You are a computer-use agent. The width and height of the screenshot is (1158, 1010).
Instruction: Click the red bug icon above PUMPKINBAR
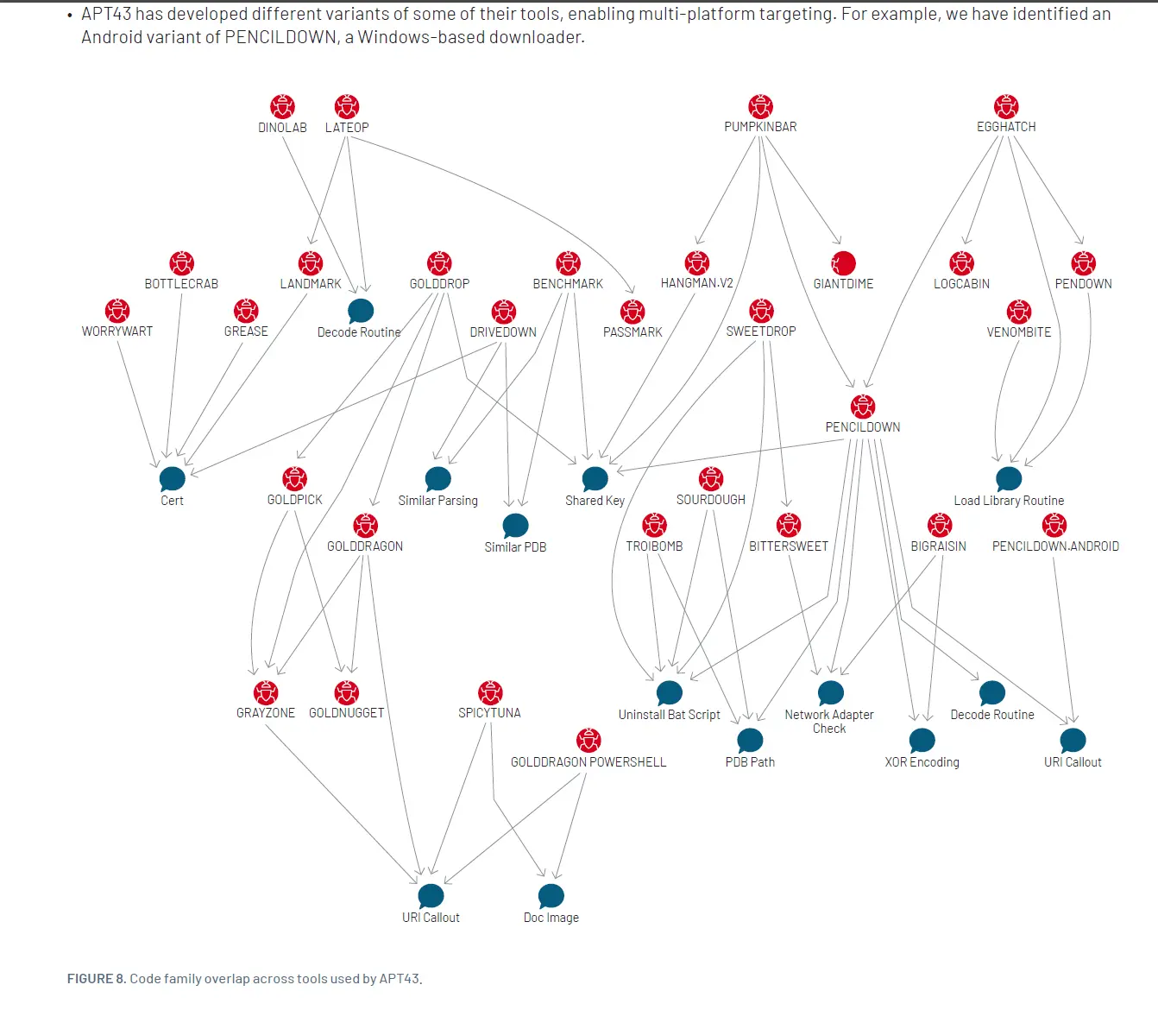(760, 106)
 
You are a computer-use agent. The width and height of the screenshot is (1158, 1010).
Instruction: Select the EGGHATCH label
(1006, 127)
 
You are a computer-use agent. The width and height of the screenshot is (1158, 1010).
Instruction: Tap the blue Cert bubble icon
(172, 478)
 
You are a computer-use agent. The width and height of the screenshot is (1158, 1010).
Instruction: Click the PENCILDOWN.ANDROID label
(1055, 546)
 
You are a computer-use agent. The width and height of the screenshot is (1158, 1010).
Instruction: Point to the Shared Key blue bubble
(595, 478)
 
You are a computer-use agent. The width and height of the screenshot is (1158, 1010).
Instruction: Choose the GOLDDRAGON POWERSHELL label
(588, 762)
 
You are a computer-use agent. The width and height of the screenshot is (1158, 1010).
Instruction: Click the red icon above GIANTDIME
(843, 263)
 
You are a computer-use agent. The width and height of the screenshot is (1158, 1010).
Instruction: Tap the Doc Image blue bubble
(551, 896)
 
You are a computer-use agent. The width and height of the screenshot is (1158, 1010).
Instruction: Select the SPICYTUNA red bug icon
(490, 692)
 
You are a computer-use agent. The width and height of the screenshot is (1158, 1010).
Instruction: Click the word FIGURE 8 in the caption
(96, 979)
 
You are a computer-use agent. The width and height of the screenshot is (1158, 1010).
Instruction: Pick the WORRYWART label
(117, 331)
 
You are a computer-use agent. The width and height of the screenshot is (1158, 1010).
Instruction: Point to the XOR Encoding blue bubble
(922, 741)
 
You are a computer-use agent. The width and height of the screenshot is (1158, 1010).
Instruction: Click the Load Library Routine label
(1009, 501)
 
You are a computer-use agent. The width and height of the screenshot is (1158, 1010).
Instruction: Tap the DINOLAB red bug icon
(282, 106)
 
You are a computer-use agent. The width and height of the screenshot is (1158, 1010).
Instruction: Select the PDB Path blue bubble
(750, 741)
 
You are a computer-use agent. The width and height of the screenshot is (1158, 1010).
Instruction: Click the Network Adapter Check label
(829, 722)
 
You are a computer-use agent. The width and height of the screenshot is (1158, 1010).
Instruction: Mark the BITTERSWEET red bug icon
(789, 525)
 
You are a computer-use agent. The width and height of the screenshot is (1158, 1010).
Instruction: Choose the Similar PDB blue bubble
(515, 526)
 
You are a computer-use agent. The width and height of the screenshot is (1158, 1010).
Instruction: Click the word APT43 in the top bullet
(106, 15)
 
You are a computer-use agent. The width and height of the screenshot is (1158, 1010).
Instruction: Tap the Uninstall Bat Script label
(669, 715)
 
